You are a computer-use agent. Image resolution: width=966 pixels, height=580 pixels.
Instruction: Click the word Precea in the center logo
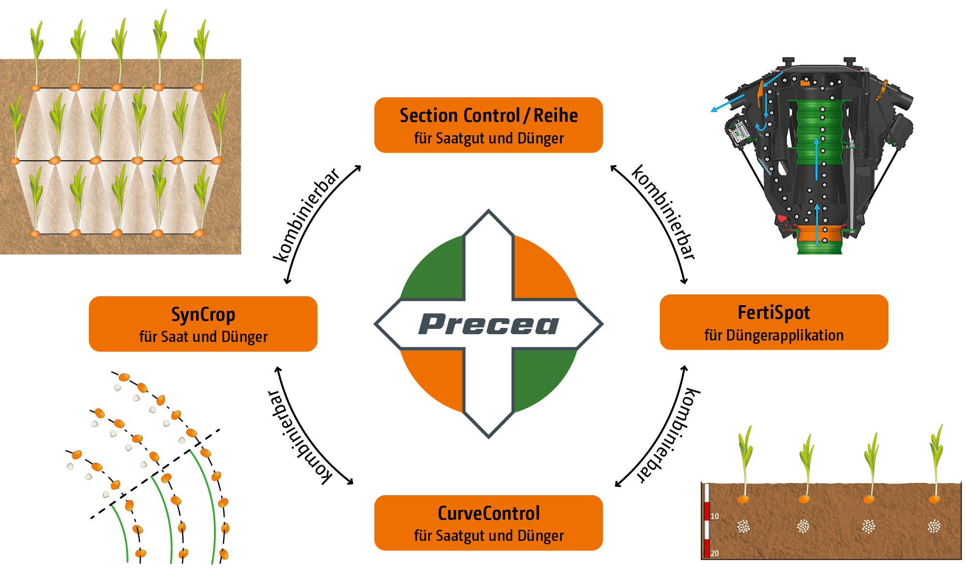(488, 324)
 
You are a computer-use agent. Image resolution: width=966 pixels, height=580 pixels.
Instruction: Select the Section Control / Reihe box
(488, 125)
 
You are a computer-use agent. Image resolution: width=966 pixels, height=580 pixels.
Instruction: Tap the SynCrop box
(203, 324)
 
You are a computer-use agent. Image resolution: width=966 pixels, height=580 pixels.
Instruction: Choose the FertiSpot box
(774, 322)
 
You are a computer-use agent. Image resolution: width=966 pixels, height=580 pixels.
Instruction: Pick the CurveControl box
(488, 523)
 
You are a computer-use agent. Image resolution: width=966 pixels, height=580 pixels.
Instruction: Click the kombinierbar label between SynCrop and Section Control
(306, 215)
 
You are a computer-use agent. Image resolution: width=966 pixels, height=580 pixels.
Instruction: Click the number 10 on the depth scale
(715, 516)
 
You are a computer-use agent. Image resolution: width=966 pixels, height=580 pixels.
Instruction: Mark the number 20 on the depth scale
(715, 553)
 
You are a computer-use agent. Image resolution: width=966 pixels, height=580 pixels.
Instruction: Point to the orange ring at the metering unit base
(819, 235)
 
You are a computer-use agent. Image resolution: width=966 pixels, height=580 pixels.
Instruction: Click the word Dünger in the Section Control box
(540, 139)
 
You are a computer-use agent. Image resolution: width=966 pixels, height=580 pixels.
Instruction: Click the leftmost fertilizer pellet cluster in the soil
(743, 526)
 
